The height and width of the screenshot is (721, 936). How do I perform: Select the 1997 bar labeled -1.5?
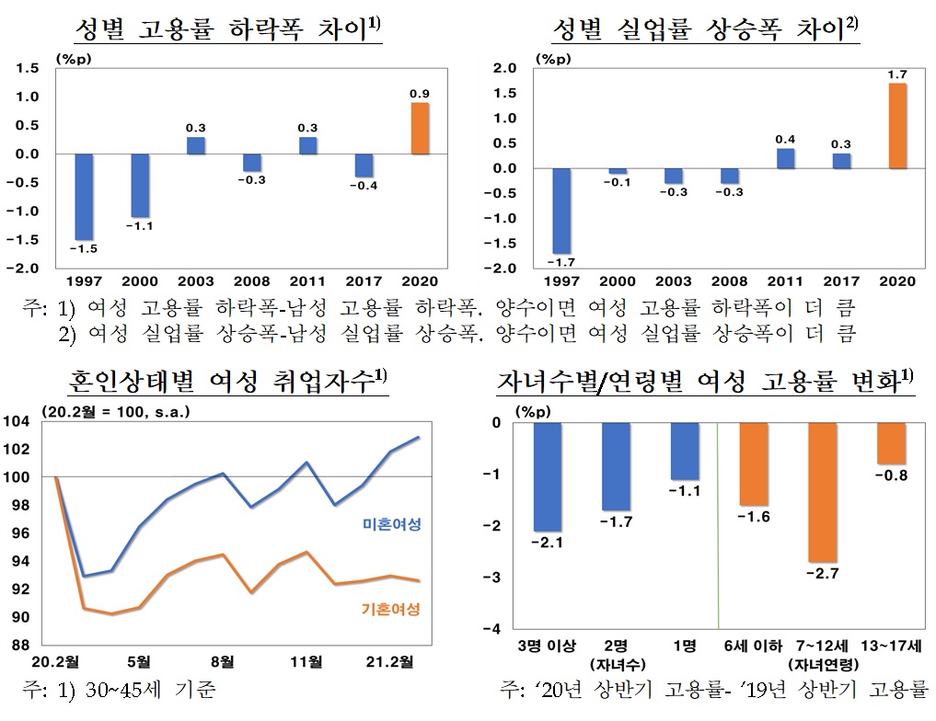point(84,196)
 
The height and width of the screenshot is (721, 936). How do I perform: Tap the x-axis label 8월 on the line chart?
point(222,662)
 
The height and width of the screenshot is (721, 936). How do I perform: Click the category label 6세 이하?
point(754,647)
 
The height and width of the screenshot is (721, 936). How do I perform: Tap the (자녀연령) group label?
point(823,665)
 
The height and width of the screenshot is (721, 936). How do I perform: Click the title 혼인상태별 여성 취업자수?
point(227,381)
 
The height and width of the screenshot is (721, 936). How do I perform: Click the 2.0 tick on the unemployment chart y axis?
point(498,68)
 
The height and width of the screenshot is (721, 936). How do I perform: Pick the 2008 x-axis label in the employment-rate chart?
point(251,281)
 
